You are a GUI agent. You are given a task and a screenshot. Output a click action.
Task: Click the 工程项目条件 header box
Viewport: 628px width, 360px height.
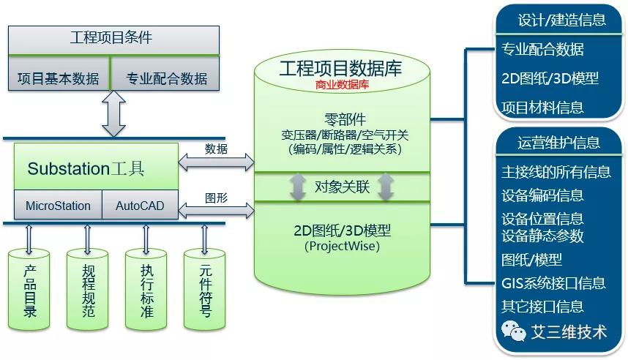click(x=113, y=39)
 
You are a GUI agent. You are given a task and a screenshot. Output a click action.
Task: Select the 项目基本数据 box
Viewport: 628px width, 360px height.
click(x=58, y=78)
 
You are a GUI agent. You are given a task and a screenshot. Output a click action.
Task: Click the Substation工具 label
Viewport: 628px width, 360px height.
click(x=86, y=169)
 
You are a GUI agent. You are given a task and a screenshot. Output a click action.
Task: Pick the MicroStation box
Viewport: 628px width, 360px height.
click(x=58, y=206)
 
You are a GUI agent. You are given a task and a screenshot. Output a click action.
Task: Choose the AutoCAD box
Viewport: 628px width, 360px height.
click(x=141, y=206)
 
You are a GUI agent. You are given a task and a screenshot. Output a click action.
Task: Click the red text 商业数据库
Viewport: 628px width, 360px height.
click(x=342, y=85)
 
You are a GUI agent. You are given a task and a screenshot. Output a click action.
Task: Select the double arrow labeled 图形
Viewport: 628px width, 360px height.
click(x=216, y=211)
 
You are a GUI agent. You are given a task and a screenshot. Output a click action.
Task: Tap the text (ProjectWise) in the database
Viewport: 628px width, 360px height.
click(x=342, y=247)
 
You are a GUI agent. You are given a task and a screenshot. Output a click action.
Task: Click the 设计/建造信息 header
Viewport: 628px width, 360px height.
click(x=561, y=20)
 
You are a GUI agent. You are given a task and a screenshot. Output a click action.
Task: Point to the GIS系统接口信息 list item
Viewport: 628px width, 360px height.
click(x=553, y=283)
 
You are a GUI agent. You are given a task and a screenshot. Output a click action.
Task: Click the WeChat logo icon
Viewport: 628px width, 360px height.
click(x=514, y=331)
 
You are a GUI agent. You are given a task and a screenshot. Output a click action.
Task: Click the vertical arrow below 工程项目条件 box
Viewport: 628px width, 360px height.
click(x=114, y=113)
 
